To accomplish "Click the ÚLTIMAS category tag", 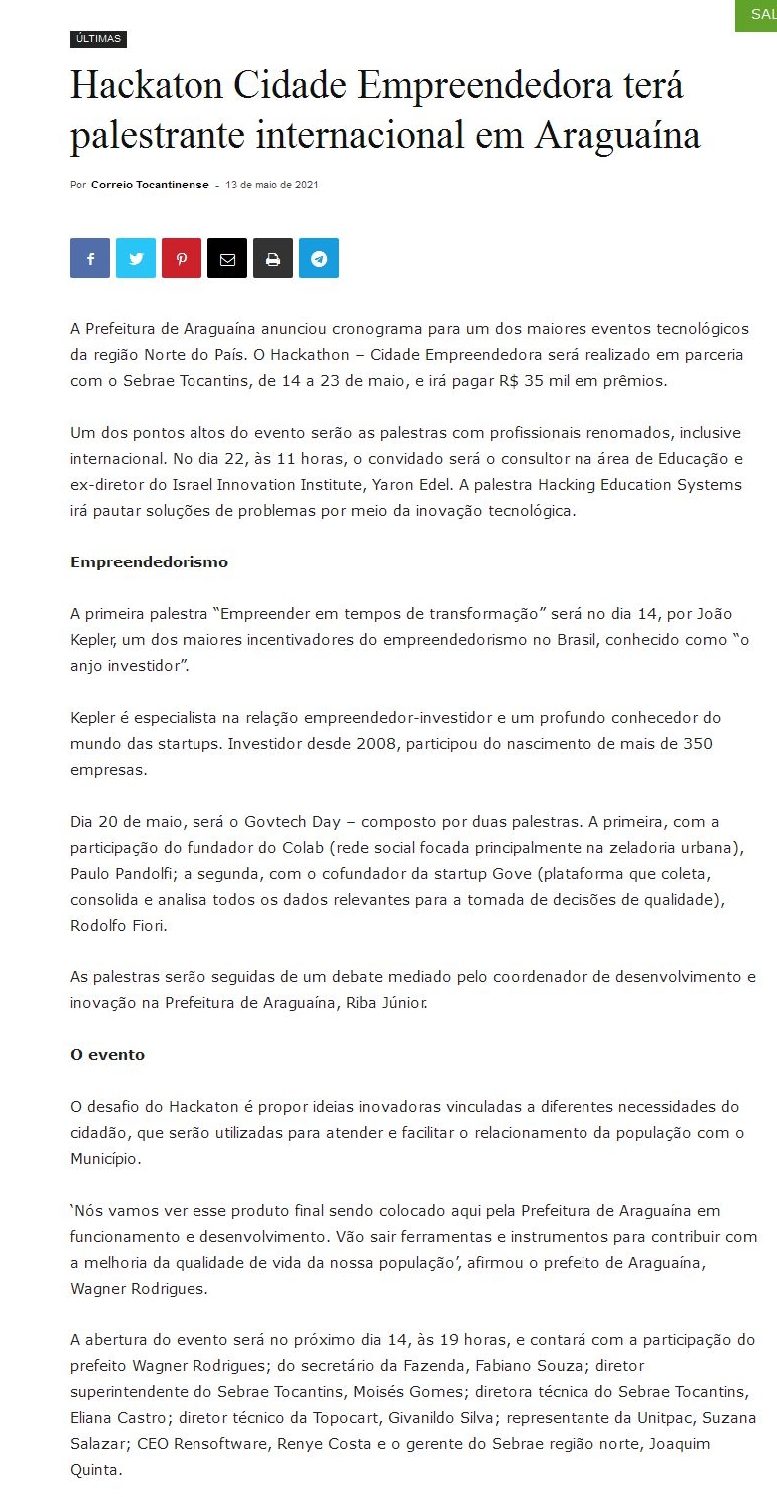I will [x=98, y=39].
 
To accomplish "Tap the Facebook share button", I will [x=90, y=258].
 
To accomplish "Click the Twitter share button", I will [x=136, y=258].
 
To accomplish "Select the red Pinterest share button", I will [x=182, y=258].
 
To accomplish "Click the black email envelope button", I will [x=227, y=258].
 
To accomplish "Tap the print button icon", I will [x=273, y=258].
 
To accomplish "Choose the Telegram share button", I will [x=319, y=258].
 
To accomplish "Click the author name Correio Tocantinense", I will [x=150, y=185].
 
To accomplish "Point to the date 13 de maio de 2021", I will [x=272, y=185].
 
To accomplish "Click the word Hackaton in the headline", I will [x=147, y=87].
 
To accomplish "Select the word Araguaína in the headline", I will [x=617, y=135].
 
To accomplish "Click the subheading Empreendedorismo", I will [x=149, y=562].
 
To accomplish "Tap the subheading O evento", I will [x=107, y=1055].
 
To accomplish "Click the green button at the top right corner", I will [x=757, y=14].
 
